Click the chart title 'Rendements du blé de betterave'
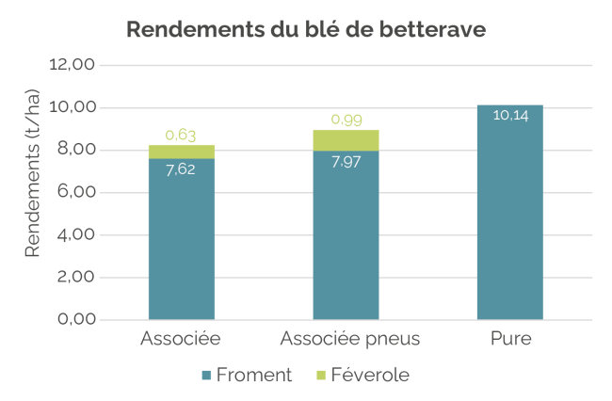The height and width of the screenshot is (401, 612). coord(306,29)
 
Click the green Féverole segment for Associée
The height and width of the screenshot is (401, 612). coord(182,152)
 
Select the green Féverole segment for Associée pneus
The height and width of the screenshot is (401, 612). coord(346,140)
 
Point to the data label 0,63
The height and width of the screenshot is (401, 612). coord(181,135)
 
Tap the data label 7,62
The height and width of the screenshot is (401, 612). coord(181,171)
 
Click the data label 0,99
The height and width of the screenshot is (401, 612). coord(346,120)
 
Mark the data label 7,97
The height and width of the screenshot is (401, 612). coord(346,163)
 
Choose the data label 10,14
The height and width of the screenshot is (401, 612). coord(509,116)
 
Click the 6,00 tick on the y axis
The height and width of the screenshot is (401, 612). coord(72,193)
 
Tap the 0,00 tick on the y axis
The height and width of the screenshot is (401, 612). coord(72,320)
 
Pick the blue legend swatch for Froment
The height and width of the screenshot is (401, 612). coord(206,376)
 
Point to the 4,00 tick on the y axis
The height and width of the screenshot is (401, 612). coord(72,235)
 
